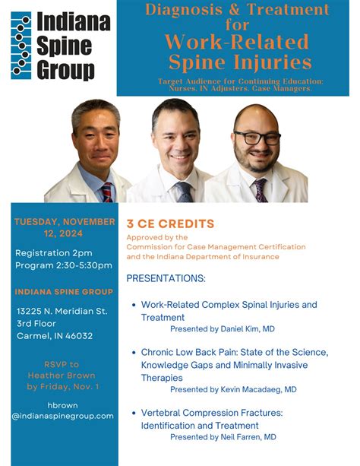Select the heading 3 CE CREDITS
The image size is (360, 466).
170,224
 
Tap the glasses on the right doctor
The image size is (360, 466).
257,138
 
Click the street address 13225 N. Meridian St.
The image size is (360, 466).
62,312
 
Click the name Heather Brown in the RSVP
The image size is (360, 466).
60,376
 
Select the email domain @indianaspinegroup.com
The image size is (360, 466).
63,416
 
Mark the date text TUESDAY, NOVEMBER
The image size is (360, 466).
65,222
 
